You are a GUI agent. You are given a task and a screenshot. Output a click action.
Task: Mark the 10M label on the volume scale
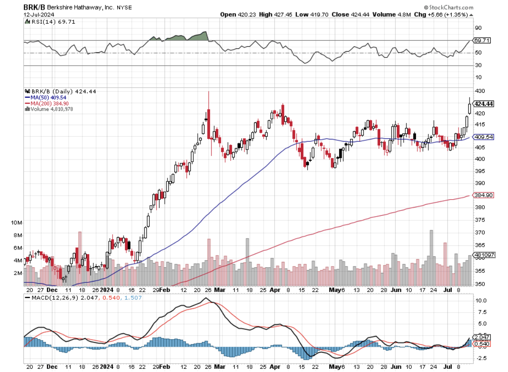17,223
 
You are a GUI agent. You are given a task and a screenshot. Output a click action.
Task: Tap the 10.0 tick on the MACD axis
481,301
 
